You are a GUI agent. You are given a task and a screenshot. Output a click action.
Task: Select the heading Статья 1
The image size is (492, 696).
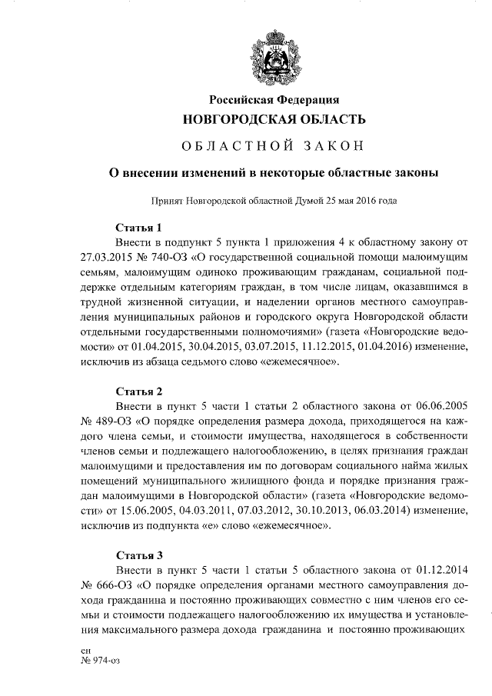[138, 228]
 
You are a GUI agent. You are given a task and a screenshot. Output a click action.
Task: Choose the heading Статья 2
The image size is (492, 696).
[138, 391]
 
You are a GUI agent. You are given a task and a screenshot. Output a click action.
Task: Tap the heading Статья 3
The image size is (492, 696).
[138, 554]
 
